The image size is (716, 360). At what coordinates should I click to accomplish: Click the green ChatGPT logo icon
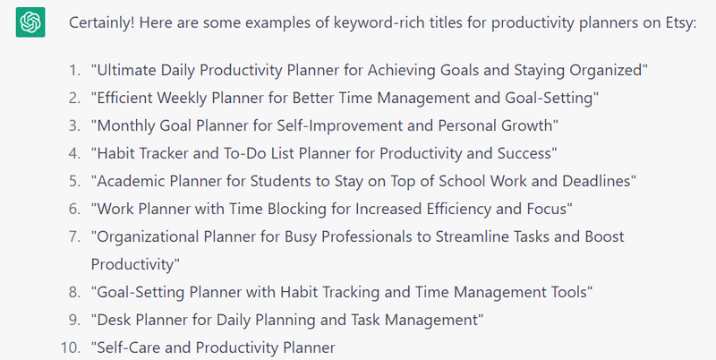coord(30,21)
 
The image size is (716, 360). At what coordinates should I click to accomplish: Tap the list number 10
coord(71,347)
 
